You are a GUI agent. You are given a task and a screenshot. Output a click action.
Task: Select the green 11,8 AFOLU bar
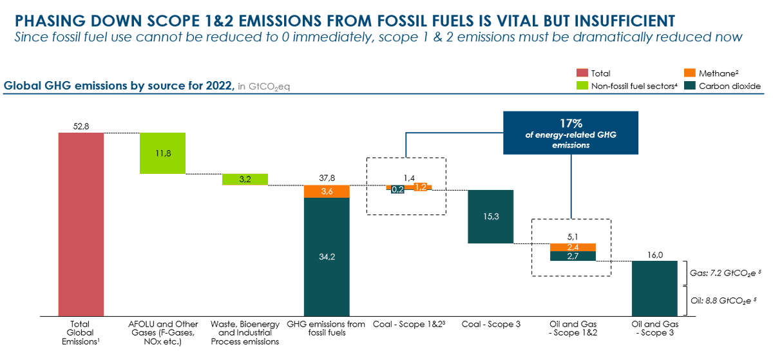[162, 153]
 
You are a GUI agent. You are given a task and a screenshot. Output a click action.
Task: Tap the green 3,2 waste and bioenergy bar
[245, 180]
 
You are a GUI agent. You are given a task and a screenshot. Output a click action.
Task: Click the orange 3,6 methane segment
[327, 191]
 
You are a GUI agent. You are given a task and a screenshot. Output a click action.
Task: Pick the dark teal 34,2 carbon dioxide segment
[327, 256]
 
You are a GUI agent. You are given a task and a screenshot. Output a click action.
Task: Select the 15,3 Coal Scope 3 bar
[490, 217]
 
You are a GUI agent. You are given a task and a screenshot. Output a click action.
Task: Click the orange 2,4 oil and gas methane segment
[573, 247]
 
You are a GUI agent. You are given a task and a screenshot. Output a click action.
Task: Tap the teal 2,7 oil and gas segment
[573, 256]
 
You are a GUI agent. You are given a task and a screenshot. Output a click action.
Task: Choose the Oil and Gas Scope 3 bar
[654, 289]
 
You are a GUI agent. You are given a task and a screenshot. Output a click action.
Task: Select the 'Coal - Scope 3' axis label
[490, 325]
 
